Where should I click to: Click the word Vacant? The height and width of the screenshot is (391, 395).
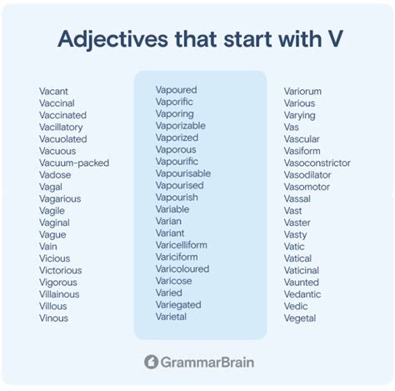pos(55,92)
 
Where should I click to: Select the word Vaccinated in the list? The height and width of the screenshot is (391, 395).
pos(62,116)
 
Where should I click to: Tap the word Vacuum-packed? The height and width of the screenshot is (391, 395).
pos(74,163)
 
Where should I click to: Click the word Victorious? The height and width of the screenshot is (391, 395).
pos(60,270)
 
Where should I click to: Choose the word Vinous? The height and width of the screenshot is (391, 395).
pos(53,318)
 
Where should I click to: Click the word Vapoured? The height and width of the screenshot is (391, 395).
pos(176,89)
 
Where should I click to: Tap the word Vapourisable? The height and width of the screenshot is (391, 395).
pos(183,173)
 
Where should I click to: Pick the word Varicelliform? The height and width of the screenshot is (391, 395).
pos(182,244)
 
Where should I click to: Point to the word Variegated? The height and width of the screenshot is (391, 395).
pos(178,304)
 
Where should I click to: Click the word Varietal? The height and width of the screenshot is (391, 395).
pos(172,316)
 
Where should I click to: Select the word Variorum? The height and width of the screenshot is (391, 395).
pos(302,92)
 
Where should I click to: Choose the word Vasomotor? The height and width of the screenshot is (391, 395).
pos(307,187)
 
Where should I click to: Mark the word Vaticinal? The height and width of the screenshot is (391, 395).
pos(302,270)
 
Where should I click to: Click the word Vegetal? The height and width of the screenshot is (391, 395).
pos(299,318)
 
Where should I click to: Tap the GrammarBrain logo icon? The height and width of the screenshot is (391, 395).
pos(151,362)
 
